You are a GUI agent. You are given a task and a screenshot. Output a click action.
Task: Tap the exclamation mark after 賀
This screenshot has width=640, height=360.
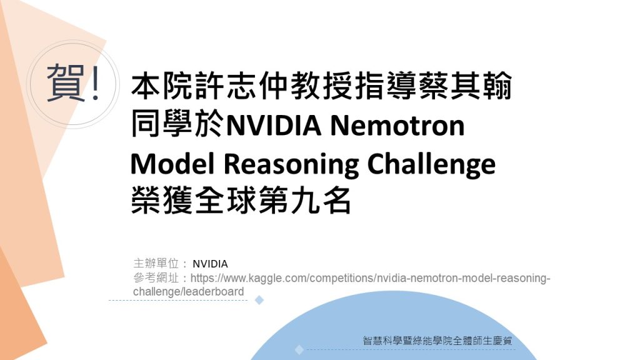click(96, 83)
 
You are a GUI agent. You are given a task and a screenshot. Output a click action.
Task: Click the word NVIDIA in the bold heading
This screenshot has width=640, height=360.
click(274, 125)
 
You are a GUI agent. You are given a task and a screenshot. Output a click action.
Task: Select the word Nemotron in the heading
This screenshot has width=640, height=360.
click(397, 125)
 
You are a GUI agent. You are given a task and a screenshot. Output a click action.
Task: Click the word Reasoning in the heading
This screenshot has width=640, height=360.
click(291, 164)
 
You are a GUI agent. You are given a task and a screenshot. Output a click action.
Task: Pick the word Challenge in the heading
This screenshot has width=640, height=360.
click(431, 164)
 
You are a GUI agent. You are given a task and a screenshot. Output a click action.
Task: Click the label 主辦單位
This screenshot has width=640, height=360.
click(156, 263)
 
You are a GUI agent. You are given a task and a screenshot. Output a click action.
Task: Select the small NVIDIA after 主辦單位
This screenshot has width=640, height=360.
click(210, 264)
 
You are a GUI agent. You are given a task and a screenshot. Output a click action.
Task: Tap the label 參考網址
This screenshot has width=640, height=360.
click(156, 277)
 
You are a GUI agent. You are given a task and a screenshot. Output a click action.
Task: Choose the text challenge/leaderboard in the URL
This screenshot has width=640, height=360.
click(189, 291)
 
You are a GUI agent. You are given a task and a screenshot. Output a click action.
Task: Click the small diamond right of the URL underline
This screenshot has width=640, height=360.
click(259, 301)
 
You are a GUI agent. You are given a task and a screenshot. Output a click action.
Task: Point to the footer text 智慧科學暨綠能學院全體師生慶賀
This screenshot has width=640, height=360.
click(437, 341)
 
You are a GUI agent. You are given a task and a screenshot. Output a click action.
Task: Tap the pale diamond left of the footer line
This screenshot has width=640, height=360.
click(299, 350)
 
